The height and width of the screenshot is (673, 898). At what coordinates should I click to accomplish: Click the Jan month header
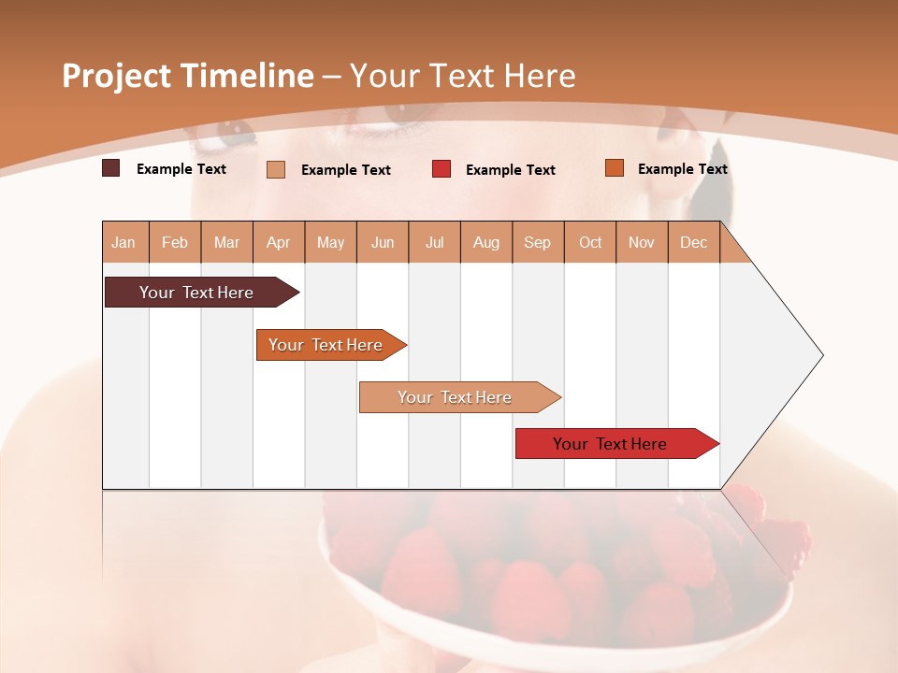click(123, 242)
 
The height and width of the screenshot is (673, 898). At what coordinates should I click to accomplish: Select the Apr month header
click(278, 242)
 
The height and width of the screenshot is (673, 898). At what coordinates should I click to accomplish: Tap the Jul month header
click(434, 242)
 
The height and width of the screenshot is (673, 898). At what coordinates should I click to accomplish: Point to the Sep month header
click(537, 242)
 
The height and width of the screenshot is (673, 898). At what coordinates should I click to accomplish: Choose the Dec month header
click(693, 242)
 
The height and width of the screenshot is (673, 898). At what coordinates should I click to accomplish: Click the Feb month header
click(175, 242)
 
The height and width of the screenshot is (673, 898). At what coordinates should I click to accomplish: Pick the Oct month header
click(590, 242)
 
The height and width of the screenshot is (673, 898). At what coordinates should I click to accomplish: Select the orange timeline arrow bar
click(327, 345)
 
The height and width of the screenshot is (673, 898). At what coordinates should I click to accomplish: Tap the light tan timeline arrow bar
click(456, 397)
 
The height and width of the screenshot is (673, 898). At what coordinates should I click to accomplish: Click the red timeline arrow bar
click(613, 444)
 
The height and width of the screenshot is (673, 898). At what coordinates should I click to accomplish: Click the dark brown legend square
click(110, 168)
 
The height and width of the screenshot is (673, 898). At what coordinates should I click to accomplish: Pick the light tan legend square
click(276, 169)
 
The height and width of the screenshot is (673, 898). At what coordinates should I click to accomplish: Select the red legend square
click(442, 169)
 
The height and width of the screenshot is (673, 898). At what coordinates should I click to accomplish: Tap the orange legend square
click(614, 168)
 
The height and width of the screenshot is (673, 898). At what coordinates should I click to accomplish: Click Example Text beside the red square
click(510, 170)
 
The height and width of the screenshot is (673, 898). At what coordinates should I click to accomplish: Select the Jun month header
click(383, 242)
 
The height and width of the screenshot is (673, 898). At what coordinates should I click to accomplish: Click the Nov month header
click(642, 242)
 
